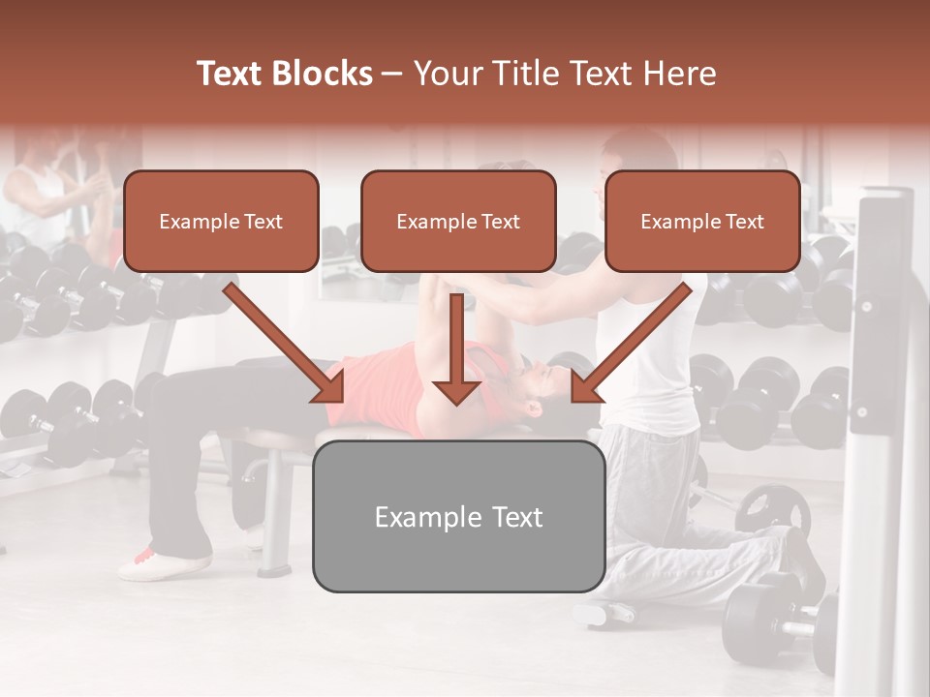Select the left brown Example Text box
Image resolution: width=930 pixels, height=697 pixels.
tap(221, 222)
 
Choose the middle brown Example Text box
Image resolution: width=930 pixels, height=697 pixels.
tap(458, 222)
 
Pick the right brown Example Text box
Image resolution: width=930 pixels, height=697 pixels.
tap(702, 222)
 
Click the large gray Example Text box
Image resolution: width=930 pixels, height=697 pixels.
tap(458, 517)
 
